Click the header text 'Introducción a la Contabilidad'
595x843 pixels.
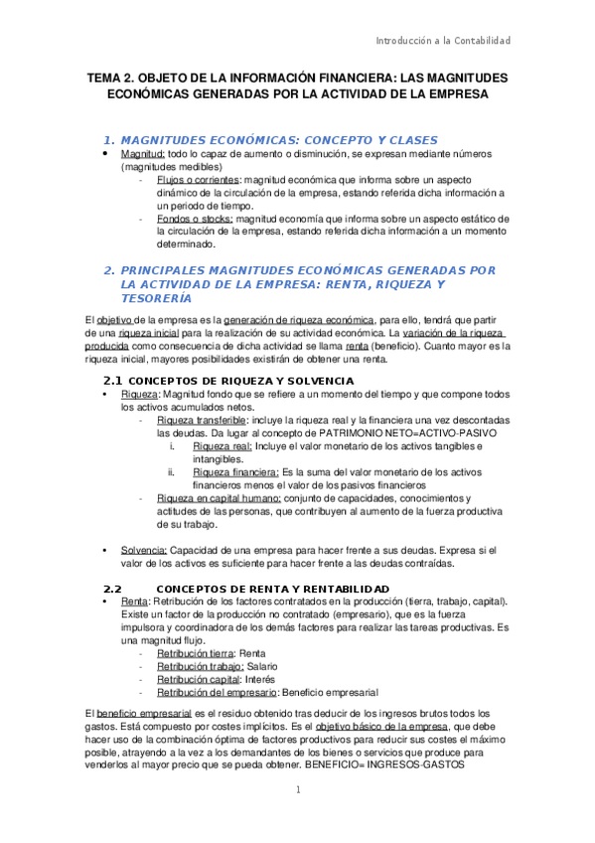(x=442, y=41)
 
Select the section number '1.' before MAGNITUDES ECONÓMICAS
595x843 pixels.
(x=110, y=139)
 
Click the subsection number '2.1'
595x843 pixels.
(x=112, y=381)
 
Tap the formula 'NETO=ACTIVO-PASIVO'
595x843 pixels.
(x=442, y=433)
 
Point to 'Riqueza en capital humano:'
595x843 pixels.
(x=220, y=498)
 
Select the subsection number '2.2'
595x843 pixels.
(x=112, y=589)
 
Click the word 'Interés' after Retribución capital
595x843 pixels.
(x=258, y=678)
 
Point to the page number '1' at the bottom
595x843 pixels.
(x=297, y=790)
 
